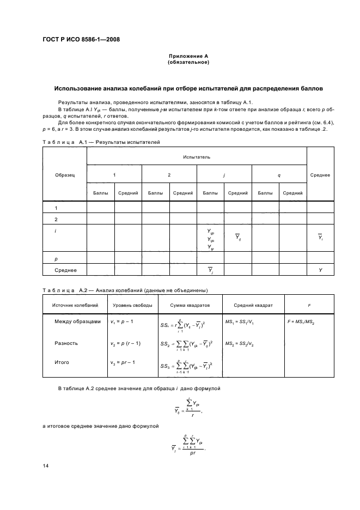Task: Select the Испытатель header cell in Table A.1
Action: coord(197,156)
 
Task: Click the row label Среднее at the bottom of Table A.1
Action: coord(65,270)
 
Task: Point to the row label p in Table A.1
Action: coord(57,260)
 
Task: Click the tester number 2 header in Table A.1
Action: coord(169,174)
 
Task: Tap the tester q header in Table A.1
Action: coord(279,174)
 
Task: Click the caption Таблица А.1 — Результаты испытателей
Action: coord(101,142)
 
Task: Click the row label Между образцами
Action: coord(77,321)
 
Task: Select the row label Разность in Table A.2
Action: coord(66,343)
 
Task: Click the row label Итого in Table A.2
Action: coord(62,361)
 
